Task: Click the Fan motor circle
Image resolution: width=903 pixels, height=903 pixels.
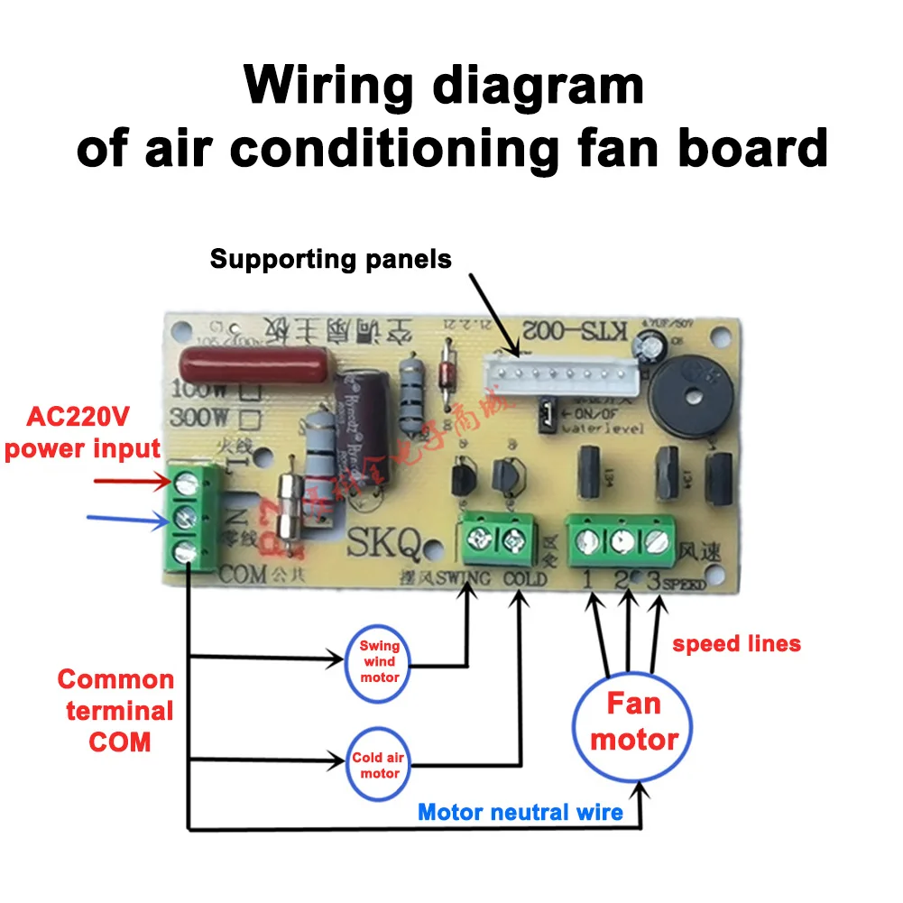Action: (x=634, y=723)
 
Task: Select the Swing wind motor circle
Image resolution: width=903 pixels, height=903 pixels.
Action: (x=379, y=661)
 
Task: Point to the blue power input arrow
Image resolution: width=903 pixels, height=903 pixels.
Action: (x=126, y=519)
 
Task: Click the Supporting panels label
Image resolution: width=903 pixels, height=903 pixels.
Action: (x=330, y=260)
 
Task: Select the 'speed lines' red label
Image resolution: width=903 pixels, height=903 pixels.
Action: (x=736, y=643)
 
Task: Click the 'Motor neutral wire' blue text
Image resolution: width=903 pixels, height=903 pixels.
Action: (x=521, y=812)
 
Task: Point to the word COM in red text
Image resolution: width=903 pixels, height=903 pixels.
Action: (x=120, y=742)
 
